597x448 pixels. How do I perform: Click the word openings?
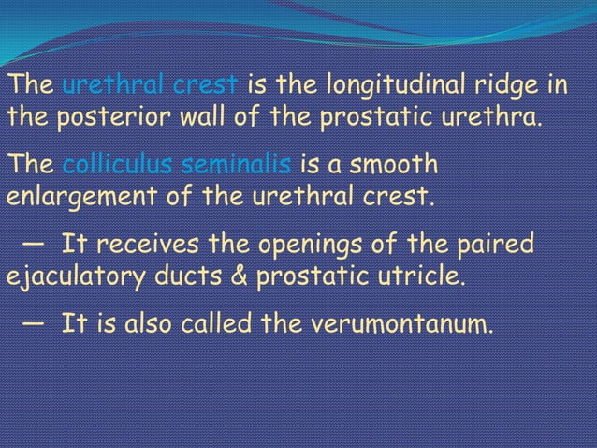[x=309, y=246]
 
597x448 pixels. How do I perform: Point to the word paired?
[x=495, y=246]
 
